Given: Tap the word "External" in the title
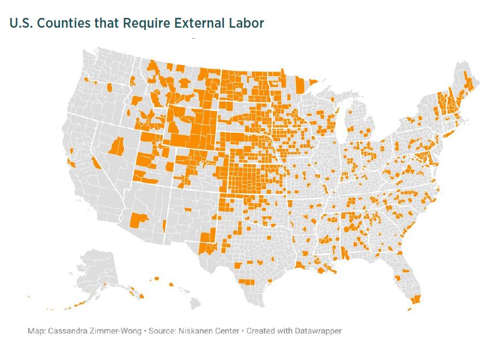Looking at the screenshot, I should pyautogui.click(x=191, y=23).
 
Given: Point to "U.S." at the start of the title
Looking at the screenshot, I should pyautogui.click(x=20, y=23).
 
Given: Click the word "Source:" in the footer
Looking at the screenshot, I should pyautogui.click(x=163, y=331).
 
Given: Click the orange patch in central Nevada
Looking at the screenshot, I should pyautogui.click(x=118, y=146).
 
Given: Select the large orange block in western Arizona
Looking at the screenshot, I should pyautogui.click(x=139, y=220).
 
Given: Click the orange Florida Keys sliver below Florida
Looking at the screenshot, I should pyautogui.click(x=410, y=309).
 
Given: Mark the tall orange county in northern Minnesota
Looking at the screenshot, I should pyautogui.click(x=299, y=85).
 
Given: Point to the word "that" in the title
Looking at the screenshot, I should pyautogui.click(x=105, y=23).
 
